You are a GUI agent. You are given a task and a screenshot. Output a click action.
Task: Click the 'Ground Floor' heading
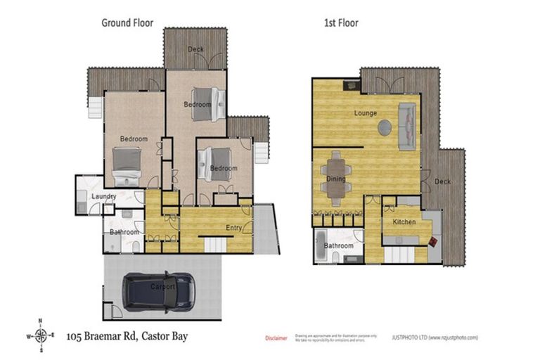[x=127, y=22]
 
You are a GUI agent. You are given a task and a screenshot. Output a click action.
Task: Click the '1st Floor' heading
[x=341, y=22]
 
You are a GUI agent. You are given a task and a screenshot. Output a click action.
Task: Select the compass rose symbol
[x=41, y=335]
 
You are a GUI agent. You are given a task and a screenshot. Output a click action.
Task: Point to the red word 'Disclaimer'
[x=276, y=337]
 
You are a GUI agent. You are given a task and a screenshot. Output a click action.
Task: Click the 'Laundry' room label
[x=103, y=197]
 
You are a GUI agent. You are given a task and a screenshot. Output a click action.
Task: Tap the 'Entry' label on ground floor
[x=234, y=227]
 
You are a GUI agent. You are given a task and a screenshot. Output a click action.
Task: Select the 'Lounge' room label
[x=366, y=112]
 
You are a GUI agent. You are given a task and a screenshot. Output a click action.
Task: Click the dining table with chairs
[x=336, y=170]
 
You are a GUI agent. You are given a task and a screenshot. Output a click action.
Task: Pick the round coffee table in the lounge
[x=385, y=127]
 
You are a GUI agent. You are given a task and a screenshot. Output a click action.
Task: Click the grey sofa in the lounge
[x=407, y=125]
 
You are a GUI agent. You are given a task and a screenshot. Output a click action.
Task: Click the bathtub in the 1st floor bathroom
[x=321, y=246]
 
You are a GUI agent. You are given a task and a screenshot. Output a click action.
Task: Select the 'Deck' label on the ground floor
[x=195, y=49]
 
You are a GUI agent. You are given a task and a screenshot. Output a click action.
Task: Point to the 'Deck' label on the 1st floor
[x=442, y=181]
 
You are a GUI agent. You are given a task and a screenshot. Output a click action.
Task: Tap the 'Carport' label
[x=162, y=287]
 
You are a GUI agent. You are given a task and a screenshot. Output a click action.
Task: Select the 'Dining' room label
[x=336, y=179]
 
